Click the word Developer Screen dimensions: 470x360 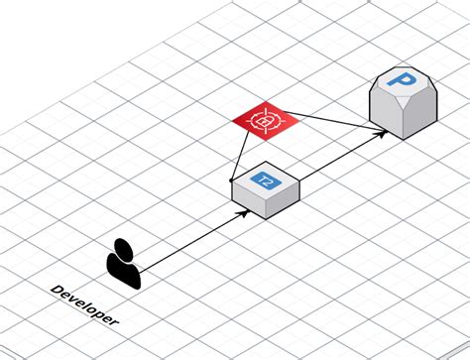tap(84, 304)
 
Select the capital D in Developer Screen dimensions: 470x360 tap(56, 290)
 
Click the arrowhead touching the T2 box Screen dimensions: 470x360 tap(242, 211)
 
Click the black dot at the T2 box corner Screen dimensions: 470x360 tap(231, 180)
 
